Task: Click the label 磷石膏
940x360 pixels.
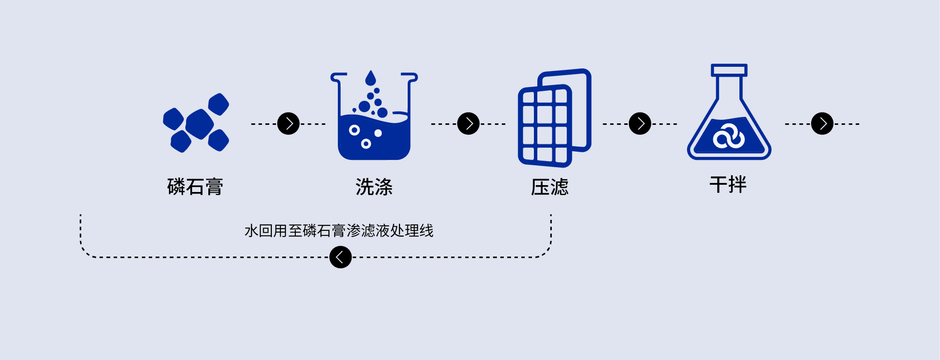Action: [195, 187]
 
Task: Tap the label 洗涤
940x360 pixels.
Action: [374, 187]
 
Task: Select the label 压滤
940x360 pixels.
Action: [549, 187]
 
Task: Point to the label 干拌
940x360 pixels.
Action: [728, 185]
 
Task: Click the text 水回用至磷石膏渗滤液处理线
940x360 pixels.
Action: [339, 231]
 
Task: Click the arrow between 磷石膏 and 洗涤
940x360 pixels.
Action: [288, 123]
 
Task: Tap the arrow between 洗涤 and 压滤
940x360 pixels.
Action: [469, 123]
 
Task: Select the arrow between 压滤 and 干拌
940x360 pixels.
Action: [640, 123]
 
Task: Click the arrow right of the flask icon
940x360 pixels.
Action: [822, 123]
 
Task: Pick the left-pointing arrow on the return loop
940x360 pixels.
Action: [340, 257]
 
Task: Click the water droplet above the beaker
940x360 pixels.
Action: [371, 78]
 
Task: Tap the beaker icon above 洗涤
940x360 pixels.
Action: [374, 132]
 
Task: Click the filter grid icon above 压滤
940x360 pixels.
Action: [544, 125]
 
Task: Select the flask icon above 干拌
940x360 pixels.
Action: [729, 127]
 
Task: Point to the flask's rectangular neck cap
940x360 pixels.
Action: [729, 70]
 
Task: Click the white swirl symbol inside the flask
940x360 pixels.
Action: [729, 138]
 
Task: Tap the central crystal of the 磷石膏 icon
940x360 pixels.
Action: [199, 123]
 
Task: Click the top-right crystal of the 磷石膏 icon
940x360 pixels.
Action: [218, 104]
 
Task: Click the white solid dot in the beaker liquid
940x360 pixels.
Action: [378, 133]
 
